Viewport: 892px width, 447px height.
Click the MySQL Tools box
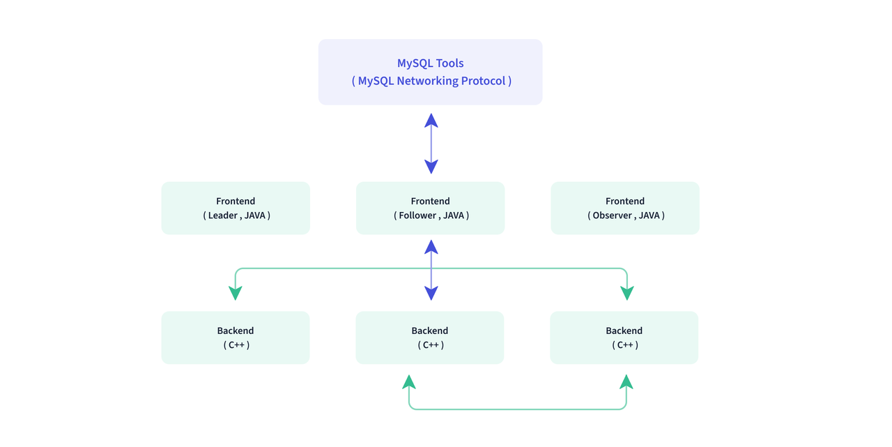click(430, 72)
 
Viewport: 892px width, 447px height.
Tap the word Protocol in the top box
click(483, 81)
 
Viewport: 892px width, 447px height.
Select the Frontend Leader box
click(236, 208)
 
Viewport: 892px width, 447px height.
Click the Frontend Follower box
click(430, 208)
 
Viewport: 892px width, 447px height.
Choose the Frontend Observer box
click(625, 208)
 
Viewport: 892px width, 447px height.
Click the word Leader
click(222, 215)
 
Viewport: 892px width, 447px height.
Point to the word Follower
click(417, 215)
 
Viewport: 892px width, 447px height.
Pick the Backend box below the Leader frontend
click(236, 338)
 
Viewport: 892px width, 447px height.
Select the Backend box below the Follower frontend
click(430, 338)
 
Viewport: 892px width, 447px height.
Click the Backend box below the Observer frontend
click(624, 338)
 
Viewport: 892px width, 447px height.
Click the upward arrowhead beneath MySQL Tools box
click(431, 121)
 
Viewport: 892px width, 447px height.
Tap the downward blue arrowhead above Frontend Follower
click(431, 167)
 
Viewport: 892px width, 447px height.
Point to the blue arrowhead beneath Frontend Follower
click(431, 247)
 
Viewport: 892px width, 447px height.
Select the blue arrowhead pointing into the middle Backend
click(431, 293)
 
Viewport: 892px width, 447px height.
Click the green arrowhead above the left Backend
click(236, 293)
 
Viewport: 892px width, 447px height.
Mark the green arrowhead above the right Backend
click(627, 293)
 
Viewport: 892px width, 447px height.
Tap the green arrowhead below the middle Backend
click(409, 381)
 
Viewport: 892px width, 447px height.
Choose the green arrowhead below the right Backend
click(626, 381)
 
